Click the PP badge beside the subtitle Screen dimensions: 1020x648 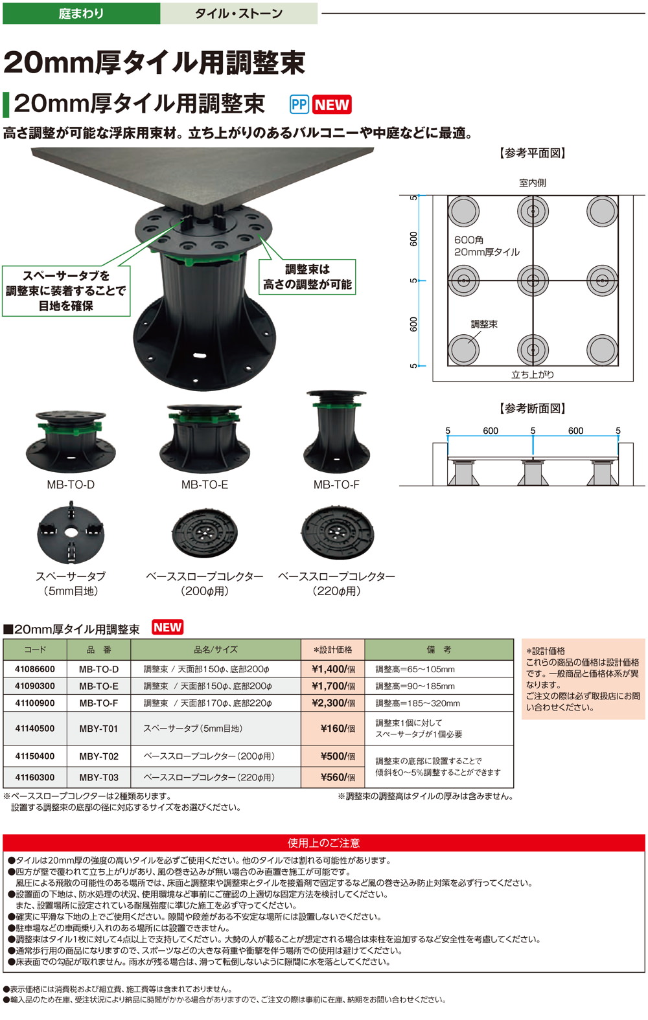point(299,105)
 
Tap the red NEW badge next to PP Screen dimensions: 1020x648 point(332,105)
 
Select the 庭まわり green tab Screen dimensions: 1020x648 point(81,13)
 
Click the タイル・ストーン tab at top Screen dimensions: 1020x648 point(238,13)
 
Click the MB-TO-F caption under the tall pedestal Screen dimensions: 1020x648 point(336,484)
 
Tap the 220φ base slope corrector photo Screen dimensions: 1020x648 point(337,532)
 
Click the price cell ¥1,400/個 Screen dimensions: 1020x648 point(333,669)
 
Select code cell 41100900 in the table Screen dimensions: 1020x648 point(35,703)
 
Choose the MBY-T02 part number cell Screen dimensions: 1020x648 point(98,756)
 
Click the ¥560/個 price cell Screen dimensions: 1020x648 point(333,777)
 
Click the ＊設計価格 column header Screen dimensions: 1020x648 point(333,650)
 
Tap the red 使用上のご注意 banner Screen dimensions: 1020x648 point(323,843)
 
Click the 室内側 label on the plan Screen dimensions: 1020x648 point(532,183)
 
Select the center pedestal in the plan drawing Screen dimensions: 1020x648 point(533,280)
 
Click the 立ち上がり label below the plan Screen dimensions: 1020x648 point(532,374)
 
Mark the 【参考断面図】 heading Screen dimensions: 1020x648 point(533,409)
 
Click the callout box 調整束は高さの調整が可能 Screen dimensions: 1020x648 point(307,277)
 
